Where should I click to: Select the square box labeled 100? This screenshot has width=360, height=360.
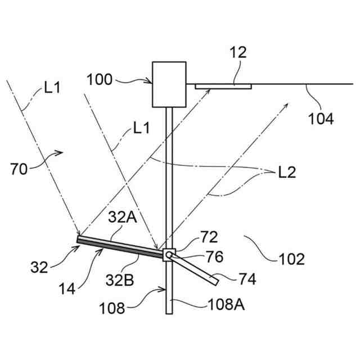pyautogui.click(x=169, y=84)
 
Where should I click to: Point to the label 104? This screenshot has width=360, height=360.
pyautogui.click(x=321, y=119)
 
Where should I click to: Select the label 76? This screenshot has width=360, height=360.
pyautogui.click(x=214, y=256)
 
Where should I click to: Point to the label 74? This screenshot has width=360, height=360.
pyautogui.click(x=245, y=279)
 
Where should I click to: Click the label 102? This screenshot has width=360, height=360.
pyautogui.click(x=291, y=259)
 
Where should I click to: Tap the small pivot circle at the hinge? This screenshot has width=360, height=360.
pyautogui.click(x=168, y=255)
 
